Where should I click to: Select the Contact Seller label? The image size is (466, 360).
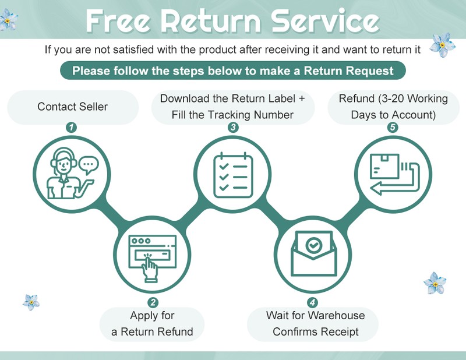click(72, 107)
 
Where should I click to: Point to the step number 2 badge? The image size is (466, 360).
click(153, 302)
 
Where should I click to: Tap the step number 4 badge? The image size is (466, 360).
click(313, 302)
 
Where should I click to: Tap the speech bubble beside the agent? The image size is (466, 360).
click(89, 167)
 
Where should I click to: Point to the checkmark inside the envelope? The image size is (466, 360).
click(314, 245)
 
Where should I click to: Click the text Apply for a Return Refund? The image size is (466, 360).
click(152, 324)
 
